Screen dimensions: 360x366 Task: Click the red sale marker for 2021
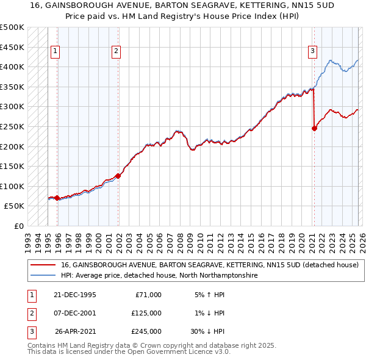click(314, 128)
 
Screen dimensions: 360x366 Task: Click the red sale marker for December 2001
click(118, 176)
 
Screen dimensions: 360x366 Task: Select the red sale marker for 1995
click(57, 198)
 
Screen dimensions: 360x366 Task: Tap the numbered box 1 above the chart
click(56, 51)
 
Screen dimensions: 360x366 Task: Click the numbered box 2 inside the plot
click(116, 51)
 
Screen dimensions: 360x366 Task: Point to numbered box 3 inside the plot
click(312, 51)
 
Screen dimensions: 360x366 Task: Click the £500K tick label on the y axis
click(12, 27)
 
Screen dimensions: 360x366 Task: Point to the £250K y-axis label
click(12, 127)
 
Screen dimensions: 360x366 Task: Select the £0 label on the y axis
click(18, 226)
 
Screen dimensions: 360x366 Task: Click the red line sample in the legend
click(43, 265)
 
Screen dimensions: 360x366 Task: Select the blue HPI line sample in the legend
click(43, 276)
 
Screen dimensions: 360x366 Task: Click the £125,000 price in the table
click(146, 313)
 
